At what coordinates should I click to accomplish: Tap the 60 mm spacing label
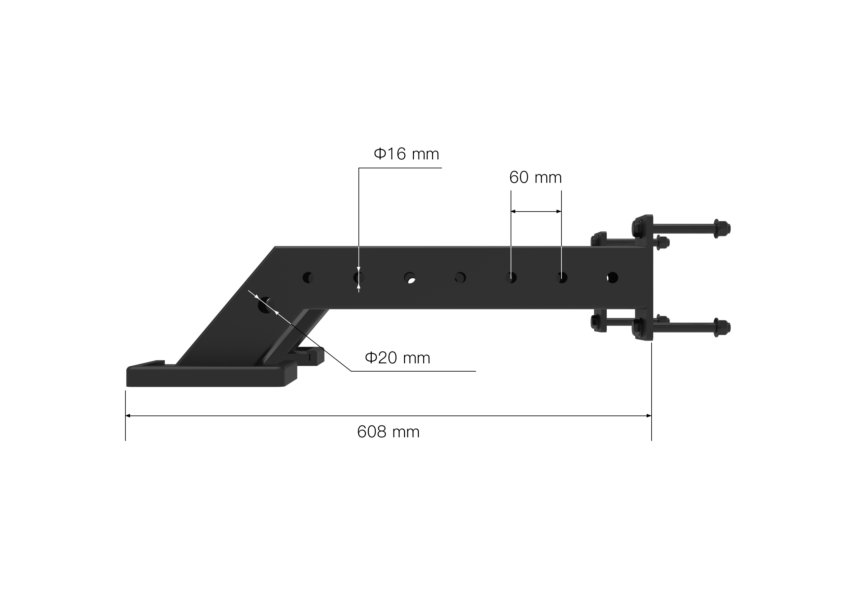click(x=535, y=178)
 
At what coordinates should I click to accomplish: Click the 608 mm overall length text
click(x=388, y=432)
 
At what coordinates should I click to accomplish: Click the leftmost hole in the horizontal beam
click(x=308, y=277)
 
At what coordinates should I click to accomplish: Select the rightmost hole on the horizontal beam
click(x=612, y=277)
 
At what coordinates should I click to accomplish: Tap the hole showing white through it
click(x=410, y=278)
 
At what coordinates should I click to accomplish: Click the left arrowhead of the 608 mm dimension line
click(x=128, y=416)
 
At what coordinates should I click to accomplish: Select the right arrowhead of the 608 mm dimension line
click(x=649, y=416)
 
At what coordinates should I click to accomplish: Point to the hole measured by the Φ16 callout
click(x=358, y=277)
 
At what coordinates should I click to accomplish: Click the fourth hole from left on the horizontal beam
click(x=460, y=277)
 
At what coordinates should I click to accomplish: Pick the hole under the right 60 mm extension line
click(x=562, y=277)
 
